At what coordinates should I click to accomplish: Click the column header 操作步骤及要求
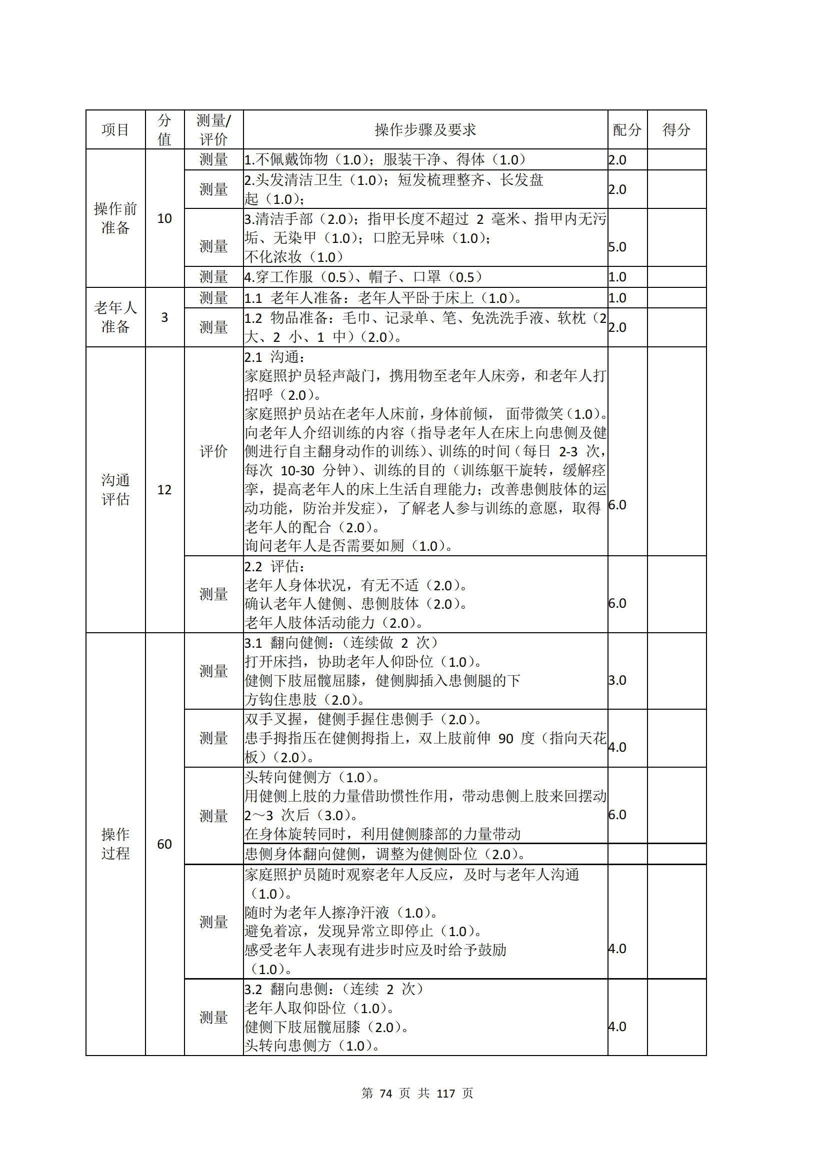[x=425, y=130]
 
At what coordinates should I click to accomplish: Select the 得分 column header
[x=676, y=130]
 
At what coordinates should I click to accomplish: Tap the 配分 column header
[x=627, y=130]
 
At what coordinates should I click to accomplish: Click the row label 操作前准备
[x=115, y=218]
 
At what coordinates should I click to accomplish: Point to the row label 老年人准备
[x=115, y=317]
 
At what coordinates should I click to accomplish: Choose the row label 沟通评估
[x=115, y=489]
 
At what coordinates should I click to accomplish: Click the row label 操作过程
[x=115, y=844]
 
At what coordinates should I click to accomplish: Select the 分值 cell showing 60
[x=164, y=844]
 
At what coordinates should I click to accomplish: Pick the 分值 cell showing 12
[x=164, y=490]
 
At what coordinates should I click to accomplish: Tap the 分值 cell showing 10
[x=164, y=218]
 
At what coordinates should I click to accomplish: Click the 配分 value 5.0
[x=617, y=247]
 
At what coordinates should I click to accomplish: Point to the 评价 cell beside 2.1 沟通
[x=213, y=451]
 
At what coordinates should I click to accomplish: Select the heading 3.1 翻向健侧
[x=285, y=643]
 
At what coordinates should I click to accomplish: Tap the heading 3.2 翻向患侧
[x=285, y=989]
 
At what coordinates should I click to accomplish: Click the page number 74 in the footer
[x=385, y=1094]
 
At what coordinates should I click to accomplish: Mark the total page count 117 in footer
[x=445, y=1094]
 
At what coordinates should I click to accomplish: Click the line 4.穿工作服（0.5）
[x=305, y=277]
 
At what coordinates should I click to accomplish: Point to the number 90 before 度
[x=505, y=738]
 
